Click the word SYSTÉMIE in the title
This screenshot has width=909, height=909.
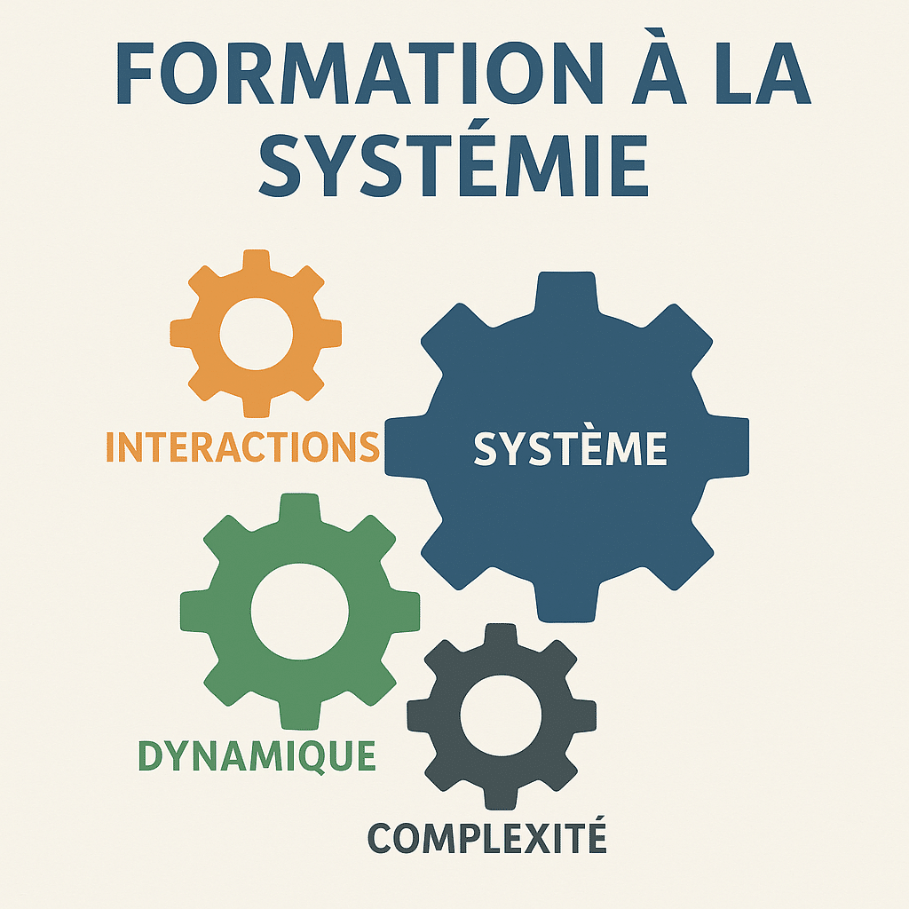(x=454, y=157)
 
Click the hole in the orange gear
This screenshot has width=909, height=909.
(x=256, y=334)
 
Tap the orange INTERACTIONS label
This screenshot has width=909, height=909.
(x=243, y=447)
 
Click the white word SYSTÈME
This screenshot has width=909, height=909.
(x=571, y=447)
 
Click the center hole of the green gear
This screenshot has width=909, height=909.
(x=300, y=611)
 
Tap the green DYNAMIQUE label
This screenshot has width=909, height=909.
(x=257, y=755)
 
